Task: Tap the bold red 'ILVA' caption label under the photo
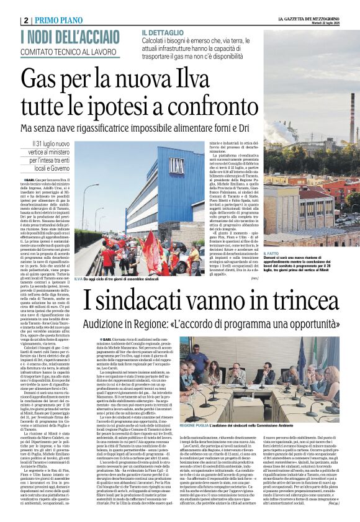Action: point(79,279)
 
